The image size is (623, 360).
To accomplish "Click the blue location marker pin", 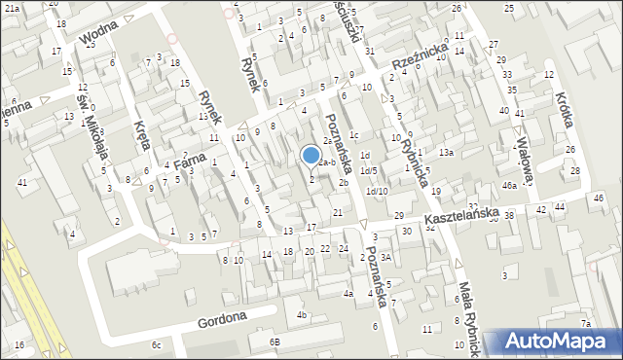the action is (311, 155).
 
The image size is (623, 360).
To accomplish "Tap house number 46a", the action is (508, 185).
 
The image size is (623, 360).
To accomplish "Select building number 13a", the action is (446, 153).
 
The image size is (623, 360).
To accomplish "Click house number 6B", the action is (275, 342).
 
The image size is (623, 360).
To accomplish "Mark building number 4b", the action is (302, 314).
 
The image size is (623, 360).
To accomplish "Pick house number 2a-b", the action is (327, 162).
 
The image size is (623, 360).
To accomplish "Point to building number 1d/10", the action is (377, 191).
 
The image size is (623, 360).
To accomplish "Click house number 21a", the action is (13, 8).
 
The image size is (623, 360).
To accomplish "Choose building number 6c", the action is (156, 344).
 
